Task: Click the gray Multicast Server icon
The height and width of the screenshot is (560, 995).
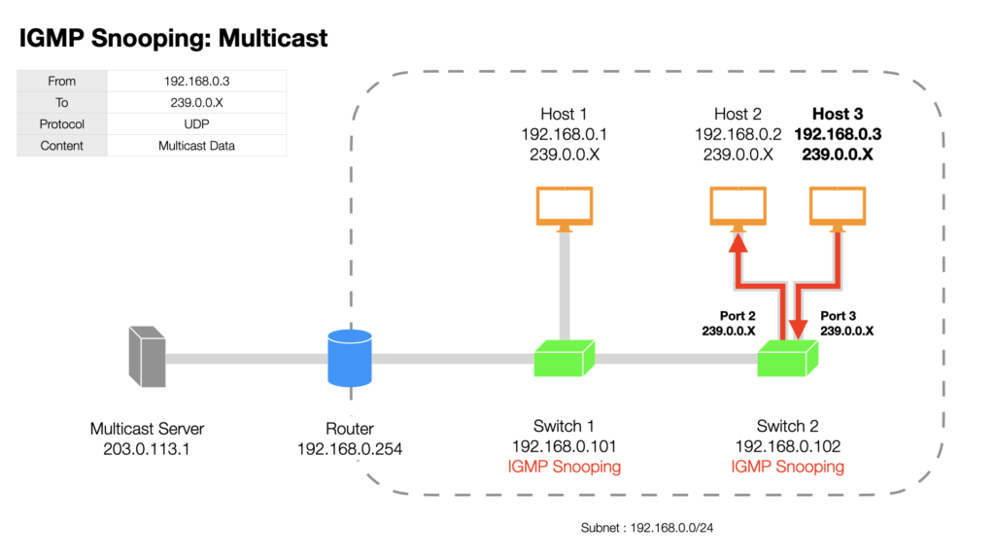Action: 148,357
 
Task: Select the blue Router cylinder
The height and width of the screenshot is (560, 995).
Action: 350,358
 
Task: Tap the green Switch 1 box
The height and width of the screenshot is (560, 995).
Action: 565,358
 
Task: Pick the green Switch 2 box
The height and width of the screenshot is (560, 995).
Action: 787,358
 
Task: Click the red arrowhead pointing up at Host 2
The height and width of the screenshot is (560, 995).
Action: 738,243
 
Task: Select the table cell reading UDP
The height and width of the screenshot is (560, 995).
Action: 196,123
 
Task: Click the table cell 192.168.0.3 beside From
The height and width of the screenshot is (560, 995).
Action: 196,81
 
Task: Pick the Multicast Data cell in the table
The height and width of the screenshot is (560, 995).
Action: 196,146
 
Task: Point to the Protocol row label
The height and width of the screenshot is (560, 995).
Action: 61,123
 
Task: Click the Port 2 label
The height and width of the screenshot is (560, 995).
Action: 738,316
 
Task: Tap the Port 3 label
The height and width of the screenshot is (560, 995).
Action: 838,316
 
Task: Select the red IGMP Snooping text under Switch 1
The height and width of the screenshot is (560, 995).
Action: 565,467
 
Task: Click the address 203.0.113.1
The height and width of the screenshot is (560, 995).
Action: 147,449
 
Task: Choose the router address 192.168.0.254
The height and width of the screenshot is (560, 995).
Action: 350,449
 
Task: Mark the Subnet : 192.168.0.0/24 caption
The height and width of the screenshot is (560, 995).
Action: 646,528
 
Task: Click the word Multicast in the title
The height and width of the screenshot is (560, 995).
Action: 273,38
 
